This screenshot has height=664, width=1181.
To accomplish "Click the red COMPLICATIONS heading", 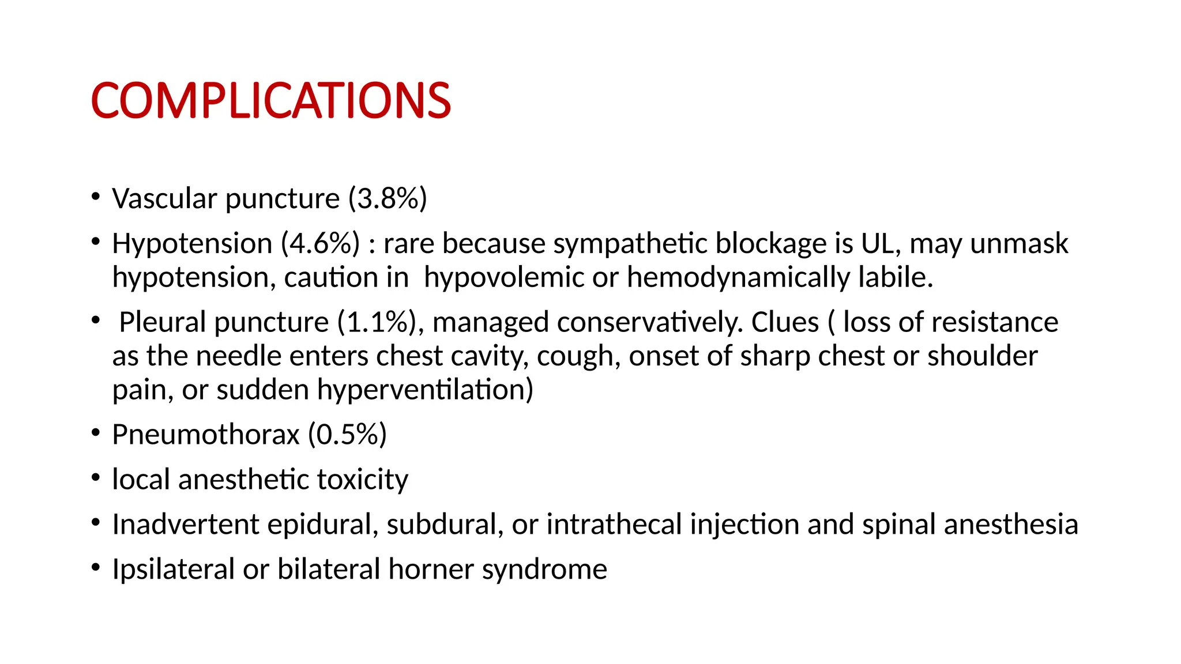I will [270, 101].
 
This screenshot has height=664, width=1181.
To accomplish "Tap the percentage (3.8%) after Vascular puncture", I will [388, 199].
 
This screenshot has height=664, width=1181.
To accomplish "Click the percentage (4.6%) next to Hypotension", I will [320, 244].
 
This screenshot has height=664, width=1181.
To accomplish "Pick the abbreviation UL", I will [881, 244].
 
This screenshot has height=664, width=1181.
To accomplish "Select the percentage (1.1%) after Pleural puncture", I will [377, 322].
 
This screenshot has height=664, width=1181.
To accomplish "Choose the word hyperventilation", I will [425, 390].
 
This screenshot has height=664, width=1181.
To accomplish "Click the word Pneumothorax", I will [206, 435].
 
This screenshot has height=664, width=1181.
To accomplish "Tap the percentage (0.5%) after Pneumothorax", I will [347, 435].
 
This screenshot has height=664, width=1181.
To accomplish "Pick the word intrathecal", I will [614, 525].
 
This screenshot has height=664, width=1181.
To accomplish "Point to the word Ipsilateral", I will [174, 569].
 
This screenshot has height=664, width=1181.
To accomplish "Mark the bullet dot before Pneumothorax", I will [96, 432].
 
